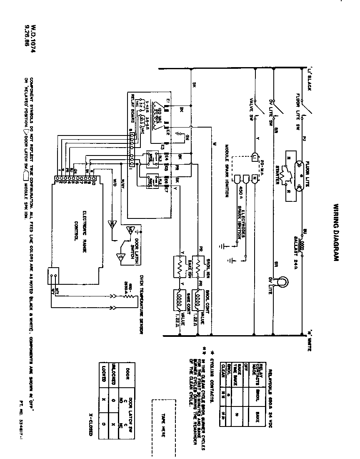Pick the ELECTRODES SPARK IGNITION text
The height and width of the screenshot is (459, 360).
click(241, 215)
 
